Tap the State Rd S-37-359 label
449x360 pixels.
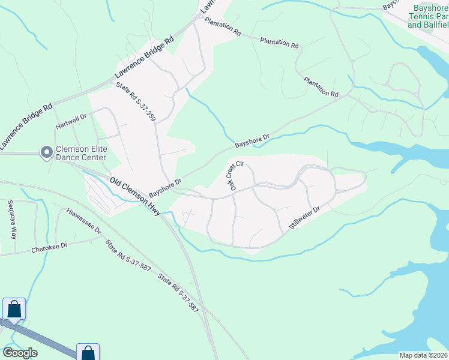(136, 103)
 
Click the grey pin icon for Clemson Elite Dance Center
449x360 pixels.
(46, 153)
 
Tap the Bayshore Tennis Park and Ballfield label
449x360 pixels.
(427, 16)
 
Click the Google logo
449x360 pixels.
(20, 353)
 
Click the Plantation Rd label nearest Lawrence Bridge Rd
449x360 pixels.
(222, 26)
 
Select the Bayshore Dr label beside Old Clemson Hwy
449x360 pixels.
(165, 187)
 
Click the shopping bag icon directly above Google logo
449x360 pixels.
(14, 310)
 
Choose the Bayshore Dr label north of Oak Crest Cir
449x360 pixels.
(253, 141)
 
